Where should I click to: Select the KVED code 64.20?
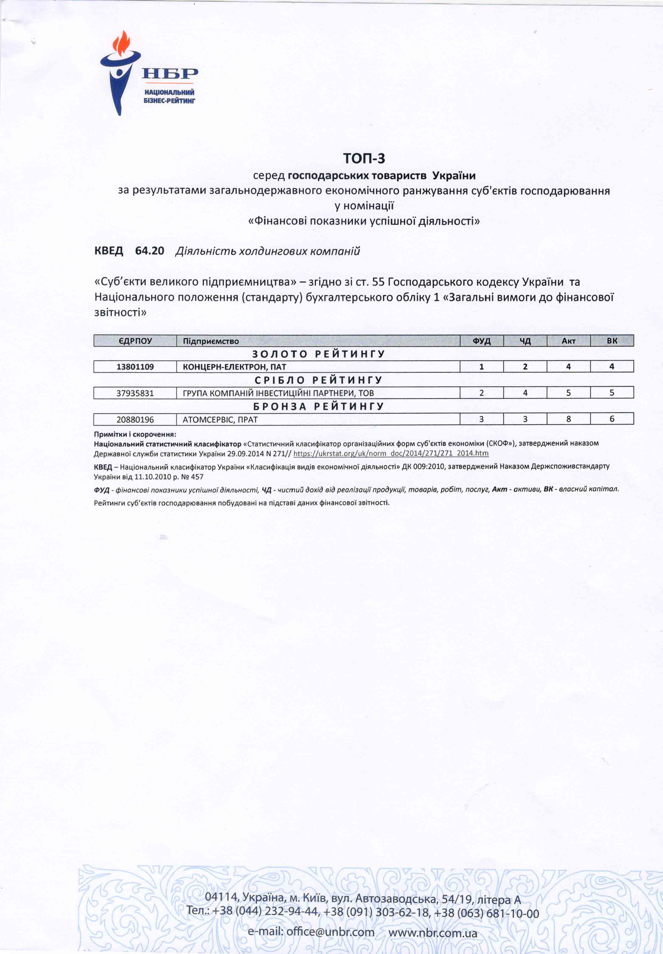(x=150, y=251)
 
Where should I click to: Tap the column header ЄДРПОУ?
(x=135, y=341)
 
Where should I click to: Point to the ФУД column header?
(x=481, y=341)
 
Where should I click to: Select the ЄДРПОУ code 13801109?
(x=135, y=367)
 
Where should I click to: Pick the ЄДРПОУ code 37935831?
(x=135, y=393)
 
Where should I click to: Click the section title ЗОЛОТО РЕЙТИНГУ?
(x=319, y=354)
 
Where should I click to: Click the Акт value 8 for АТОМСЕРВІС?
(x=568, y=419)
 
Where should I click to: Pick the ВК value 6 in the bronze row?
(x=611, y=419)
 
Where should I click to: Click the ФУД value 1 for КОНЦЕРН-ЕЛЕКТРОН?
(x=481, y=367)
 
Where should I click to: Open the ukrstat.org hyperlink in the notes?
(x=391, y=454)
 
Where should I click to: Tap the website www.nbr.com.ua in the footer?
(x=432, y=933)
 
